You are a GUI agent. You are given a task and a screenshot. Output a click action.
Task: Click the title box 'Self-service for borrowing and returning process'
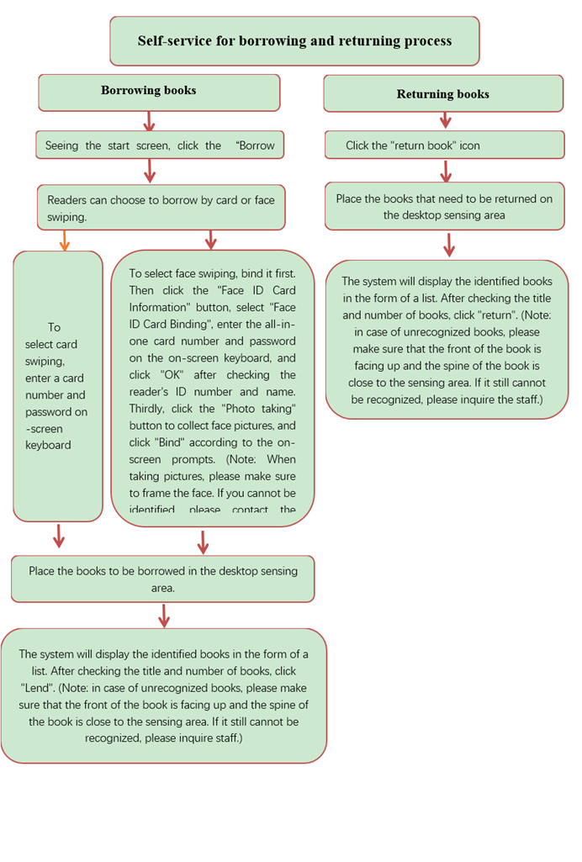294,40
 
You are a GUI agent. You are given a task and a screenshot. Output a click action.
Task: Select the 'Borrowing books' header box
159,92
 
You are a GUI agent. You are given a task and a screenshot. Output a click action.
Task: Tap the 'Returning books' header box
443,93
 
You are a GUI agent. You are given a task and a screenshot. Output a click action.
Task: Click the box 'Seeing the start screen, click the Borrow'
160,145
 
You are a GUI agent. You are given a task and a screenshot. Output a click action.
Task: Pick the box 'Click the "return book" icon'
444,145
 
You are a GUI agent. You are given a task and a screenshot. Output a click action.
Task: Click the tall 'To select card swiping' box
58,386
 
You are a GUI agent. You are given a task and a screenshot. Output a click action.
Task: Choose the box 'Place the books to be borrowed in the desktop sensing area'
163,579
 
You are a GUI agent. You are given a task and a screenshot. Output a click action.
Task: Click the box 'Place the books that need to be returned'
444,207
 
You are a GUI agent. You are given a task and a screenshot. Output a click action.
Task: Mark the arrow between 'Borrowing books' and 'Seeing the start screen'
150,121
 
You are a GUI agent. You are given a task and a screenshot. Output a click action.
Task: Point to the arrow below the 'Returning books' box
446,122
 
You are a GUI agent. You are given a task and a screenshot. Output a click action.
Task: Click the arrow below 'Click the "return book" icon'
446,171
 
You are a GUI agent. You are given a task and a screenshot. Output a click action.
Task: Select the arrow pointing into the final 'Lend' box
164,616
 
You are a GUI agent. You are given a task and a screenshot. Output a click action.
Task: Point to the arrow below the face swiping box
203,541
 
